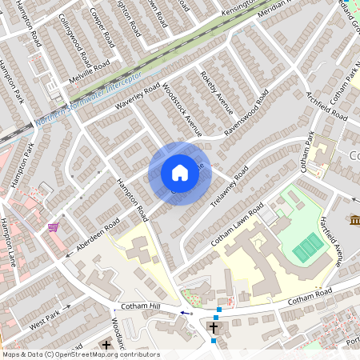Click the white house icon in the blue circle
coord(180,173)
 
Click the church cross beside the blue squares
coord(214,327)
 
